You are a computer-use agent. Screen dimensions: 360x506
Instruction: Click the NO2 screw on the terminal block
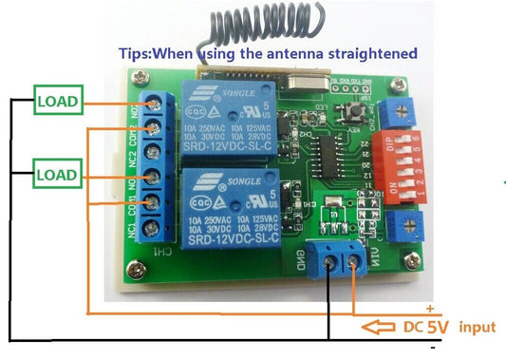pos(155,102)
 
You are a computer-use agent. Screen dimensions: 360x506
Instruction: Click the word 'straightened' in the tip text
pos(369,51)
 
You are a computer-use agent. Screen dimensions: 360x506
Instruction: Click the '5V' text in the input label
pos(436,327)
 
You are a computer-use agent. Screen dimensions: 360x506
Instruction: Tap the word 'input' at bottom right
pos(477,327)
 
